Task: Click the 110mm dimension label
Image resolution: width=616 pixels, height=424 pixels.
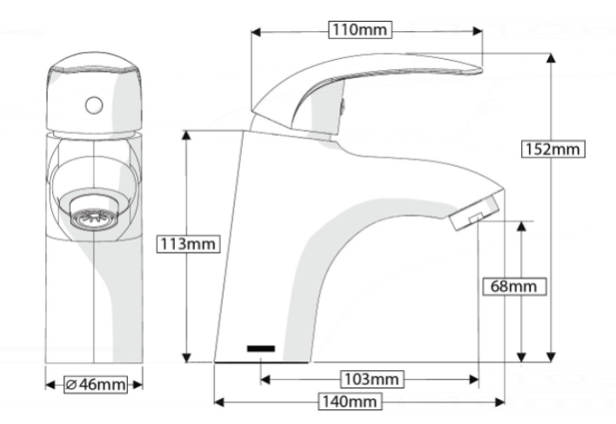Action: point(360,30)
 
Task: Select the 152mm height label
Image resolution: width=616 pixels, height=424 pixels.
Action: point(552,149)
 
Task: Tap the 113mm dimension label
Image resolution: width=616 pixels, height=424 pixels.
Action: point(188,244)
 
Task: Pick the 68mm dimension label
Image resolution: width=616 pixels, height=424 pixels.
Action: point(514,287)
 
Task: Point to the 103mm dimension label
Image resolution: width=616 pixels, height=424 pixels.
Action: point(372,380)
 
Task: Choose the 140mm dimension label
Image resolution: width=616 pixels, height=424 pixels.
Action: point(350,401)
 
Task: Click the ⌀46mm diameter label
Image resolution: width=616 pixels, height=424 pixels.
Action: point(96,384)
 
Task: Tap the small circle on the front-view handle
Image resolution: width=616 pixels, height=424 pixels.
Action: point(94,105)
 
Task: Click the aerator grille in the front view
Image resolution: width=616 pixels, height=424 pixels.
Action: point(94,218)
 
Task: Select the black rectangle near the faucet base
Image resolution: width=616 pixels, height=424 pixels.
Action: point(261,348)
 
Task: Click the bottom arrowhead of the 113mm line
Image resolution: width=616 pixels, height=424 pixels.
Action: point(186,357)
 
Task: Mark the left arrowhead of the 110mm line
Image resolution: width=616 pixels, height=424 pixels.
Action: point(256,32)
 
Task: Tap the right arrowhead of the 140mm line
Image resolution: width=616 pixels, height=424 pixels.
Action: point(499,401)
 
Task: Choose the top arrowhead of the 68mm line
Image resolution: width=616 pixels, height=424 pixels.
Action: point(521,226)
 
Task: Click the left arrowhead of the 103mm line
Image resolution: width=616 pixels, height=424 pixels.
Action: point(265,380)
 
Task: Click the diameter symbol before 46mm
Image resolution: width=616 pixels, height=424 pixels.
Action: point(71,384)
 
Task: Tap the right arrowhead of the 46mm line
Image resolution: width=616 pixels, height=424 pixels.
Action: point(137,384)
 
